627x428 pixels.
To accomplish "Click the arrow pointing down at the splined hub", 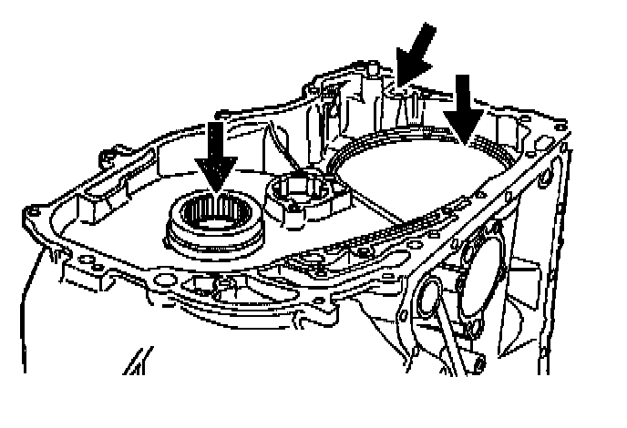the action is coord(215,155).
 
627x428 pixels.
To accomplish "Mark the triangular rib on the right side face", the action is coord(529,273).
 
